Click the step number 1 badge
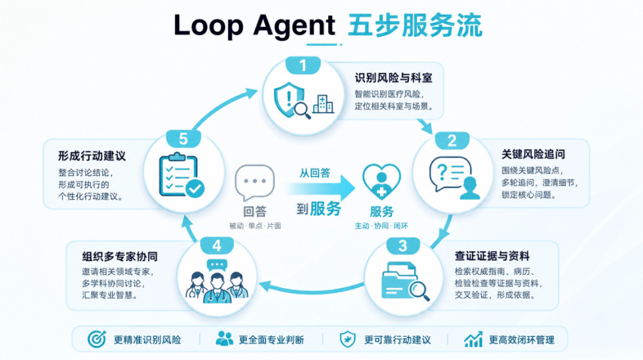coord(302,65)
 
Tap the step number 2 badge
coord(452,140)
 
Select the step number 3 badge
coord(402,246)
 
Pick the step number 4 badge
coord(217,246)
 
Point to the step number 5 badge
coord(183,139)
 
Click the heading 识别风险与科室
coord(394,78)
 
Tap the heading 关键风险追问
coord(533,154)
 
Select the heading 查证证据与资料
coord(492,256)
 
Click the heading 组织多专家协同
coord(120,256)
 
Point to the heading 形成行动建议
coord(92,156)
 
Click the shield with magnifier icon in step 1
coord(292,101)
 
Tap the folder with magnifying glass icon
coord(405,281)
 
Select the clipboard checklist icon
coord(182,175)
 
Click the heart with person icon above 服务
coord(382,181)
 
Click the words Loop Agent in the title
coord(255,26)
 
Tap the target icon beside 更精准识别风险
coord(97,339)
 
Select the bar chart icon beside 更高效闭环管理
coord(473,339)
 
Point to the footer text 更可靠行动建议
coord(397,340)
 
